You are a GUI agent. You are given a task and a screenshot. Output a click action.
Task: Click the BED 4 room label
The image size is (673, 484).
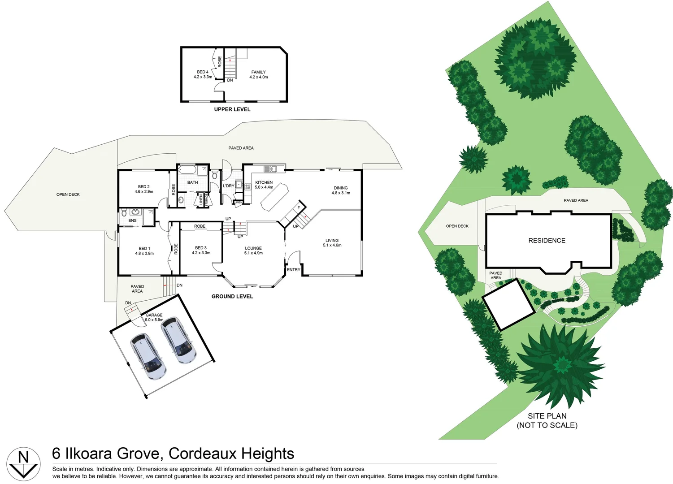point(203,74)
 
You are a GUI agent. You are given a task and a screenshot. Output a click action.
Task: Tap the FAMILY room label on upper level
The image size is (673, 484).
point(258,74)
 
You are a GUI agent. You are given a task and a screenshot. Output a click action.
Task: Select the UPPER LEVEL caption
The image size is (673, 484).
point(232,109)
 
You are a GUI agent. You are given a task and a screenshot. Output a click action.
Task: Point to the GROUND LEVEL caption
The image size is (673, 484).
point(232,296)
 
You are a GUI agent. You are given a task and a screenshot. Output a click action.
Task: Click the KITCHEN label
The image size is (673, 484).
point(264,185)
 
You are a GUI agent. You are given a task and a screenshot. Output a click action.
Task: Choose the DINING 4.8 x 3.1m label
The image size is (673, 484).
point(341,190)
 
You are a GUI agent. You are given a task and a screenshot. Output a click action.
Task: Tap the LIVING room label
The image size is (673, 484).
point(332,243)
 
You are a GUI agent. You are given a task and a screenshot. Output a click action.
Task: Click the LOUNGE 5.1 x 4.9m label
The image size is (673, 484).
point(253,251)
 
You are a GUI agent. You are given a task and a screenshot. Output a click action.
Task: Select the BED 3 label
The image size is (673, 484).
point(201,250)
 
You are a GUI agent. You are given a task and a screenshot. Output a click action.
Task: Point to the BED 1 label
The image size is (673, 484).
point(144,251)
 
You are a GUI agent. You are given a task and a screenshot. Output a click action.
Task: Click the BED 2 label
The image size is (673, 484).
point(144,189)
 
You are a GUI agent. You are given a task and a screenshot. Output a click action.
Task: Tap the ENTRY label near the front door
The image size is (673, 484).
point(293,270)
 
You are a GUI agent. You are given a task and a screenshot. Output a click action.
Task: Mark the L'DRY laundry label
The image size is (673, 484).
point(229,186)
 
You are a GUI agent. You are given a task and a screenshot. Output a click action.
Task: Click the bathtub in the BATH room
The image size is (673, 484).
point(187,170)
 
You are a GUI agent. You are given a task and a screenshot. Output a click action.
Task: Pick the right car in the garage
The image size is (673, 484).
point(178,340)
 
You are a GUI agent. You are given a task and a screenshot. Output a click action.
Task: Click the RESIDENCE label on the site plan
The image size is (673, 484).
point(547,241)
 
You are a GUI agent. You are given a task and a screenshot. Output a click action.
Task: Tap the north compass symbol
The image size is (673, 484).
point(23,464)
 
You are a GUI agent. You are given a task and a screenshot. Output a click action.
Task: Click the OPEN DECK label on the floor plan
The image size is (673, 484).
point(68,194)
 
